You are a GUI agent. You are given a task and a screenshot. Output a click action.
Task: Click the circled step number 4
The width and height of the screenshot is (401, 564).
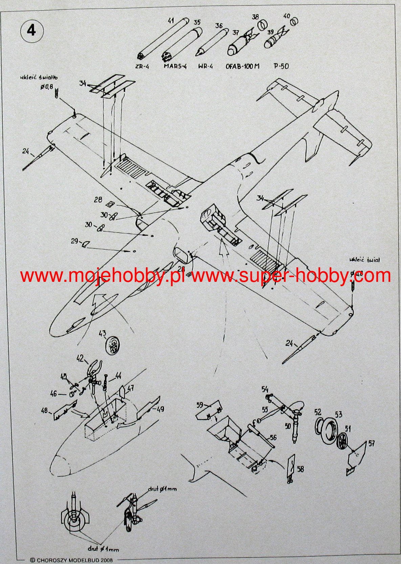[x=32, y=30]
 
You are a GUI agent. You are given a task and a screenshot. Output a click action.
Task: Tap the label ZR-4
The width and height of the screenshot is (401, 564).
[x=142, y=67]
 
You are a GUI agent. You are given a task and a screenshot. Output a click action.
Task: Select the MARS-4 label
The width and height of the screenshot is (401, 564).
[x=175, y=66]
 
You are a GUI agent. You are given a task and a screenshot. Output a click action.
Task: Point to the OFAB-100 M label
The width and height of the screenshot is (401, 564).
[x=242, y=66]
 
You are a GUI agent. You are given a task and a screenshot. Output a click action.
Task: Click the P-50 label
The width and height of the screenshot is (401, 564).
[x=281, y=66]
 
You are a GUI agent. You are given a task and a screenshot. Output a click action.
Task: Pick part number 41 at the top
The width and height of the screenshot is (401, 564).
[x=171, y=21]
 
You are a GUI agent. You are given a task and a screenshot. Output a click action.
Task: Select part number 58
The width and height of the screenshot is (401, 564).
[x=300, y=469]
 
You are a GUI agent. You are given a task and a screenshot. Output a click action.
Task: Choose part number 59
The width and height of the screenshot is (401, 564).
[x=200, y=404]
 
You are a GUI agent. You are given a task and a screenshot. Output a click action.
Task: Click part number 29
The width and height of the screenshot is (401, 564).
[x=74, y=241]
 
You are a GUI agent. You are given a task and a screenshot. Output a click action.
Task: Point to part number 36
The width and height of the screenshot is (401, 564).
[x=219, y=26]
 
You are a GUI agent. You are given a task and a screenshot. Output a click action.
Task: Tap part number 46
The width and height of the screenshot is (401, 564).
[x=53, y=394]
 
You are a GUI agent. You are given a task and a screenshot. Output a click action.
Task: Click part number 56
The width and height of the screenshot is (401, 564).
[x=273, y=438]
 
